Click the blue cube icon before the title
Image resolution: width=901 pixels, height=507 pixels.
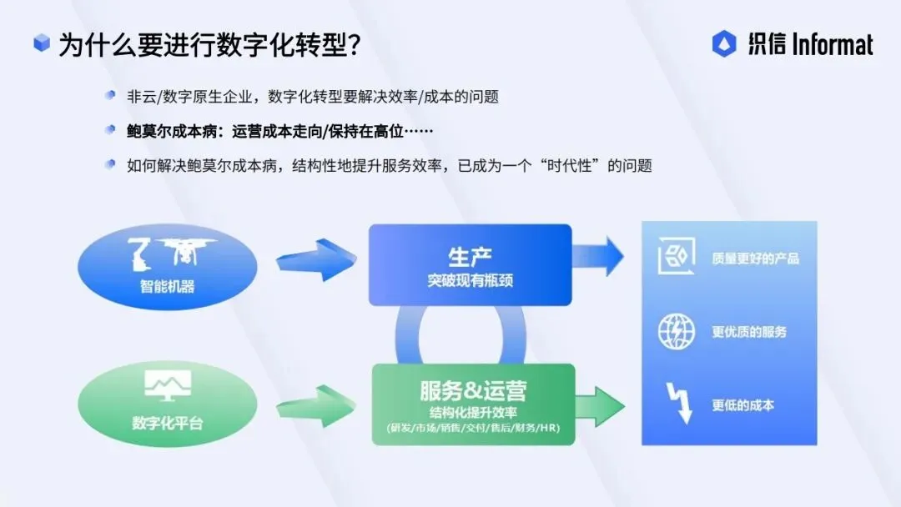click(x=42, y=43)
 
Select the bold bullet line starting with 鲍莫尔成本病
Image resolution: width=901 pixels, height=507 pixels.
click(x=280, y=131)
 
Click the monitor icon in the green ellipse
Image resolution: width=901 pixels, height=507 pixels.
click(x=167, y=385)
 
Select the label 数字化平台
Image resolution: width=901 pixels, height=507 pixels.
click(x=167, y=423)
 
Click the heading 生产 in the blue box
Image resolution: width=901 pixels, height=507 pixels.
click(x=470, y=256)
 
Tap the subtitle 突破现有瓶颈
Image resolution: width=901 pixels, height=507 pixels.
click(x=470, y=280)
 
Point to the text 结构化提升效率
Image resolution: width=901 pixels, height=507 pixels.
click(x=473, y=412)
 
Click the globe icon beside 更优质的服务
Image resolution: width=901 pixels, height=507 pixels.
click(x=676, y=332)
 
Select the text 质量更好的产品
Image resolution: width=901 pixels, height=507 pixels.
click(x=755, y=259)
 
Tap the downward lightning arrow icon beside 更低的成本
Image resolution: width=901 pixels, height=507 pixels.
click(x=678, y=404)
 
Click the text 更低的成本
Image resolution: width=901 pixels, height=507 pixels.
click(x=742, y=405)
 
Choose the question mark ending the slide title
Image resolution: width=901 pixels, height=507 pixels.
click(x=351, y=45)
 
